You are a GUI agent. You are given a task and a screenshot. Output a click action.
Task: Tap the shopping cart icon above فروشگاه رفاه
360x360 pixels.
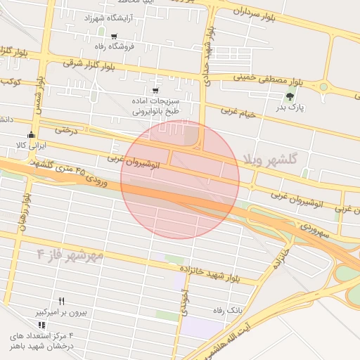pyautogui.click(x=113, y=32)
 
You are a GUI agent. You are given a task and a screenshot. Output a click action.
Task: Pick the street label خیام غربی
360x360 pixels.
pyautogui.click(x=238, y=112)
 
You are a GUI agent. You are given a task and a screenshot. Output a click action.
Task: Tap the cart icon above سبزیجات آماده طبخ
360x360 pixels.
pyautogui.click(x=155, y=91)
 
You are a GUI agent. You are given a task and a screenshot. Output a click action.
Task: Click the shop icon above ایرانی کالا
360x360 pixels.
pyautogui.click(x=30, y=134)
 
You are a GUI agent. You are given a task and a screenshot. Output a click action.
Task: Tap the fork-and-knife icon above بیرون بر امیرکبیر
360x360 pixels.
pyautogui.click(x=61, y=300)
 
